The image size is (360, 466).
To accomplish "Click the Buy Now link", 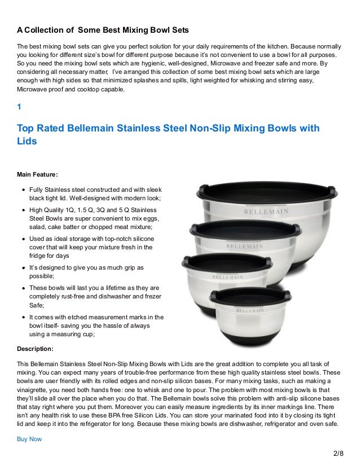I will [29, 438].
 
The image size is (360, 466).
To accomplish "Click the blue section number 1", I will [19, 106].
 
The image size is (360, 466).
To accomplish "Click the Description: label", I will [36, 348].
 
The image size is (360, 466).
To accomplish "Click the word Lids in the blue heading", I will [27, 142].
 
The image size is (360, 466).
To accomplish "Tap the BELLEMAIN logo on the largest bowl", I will [266, 212].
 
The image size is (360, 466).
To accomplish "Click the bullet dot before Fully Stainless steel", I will [23, 191].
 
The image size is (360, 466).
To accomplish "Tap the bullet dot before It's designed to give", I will [23, 267].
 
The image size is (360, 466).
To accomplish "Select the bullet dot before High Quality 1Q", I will [23, 210].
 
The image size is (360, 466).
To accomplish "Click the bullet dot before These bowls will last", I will [23, 287].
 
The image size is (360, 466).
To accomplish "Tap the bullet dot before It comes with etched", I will [23, 316].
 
